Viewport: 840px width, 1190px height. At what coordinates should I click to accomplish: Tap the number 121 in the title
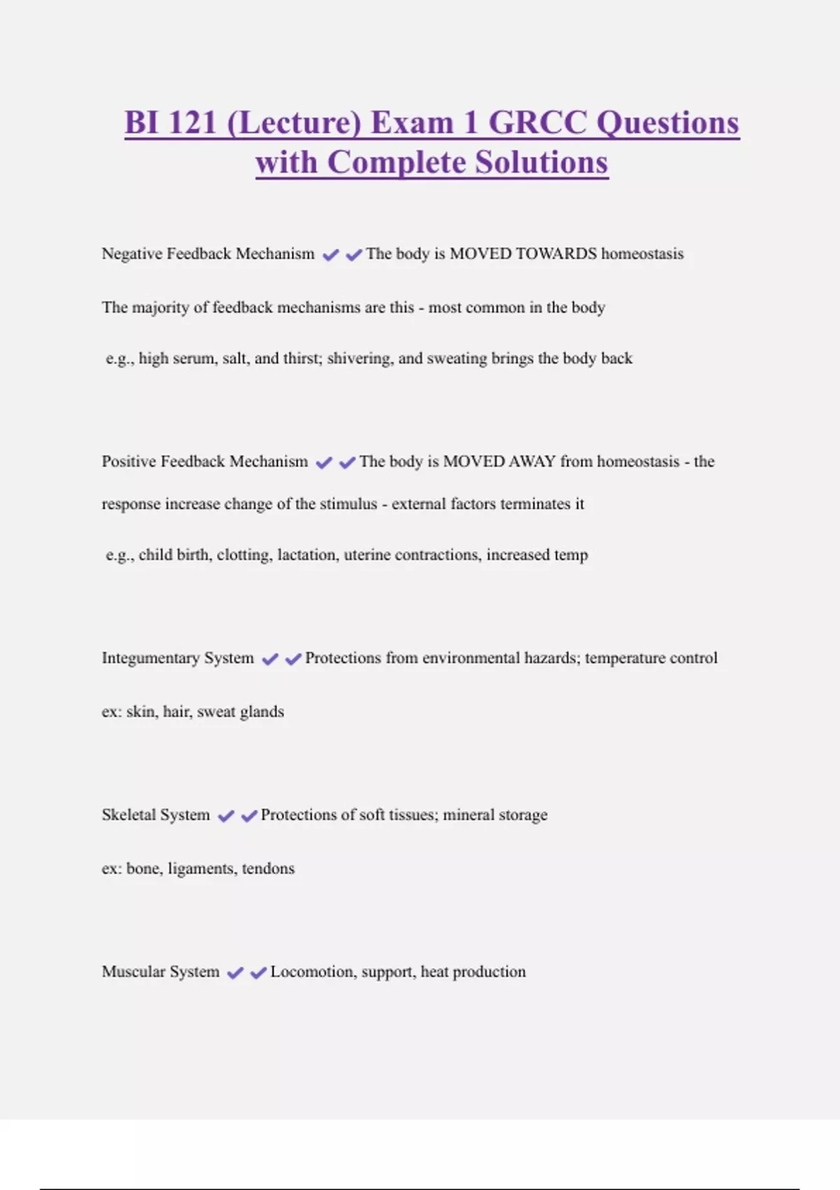click(192, 122)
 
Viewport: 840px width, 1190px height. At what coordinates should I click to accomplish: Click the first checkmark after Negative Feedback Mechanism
click(330, 255)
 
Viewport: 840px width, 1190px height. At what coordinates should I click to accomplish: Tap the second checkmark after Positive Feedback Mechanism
click(347, 463)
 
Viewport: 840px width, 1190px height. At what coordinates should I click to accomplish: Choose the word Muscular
click(133, 972)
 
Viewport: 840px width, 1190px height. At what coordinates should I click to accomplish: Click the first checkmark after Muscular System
click(235, 973)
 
